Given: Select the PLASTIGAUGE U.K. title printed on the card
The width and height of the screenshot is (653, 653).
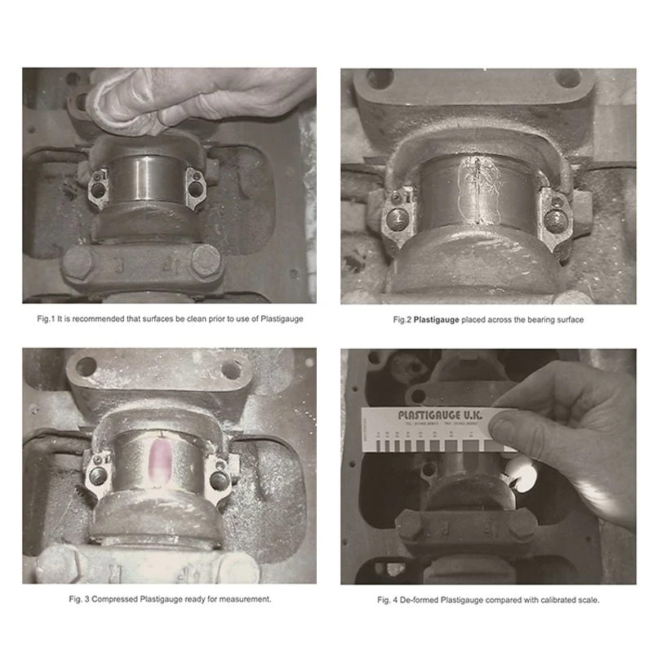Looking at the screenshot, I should tap(440, 415).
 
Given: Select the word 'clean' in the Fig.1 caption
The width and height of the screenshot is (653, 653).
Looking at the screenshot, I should tap(189, 318).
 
